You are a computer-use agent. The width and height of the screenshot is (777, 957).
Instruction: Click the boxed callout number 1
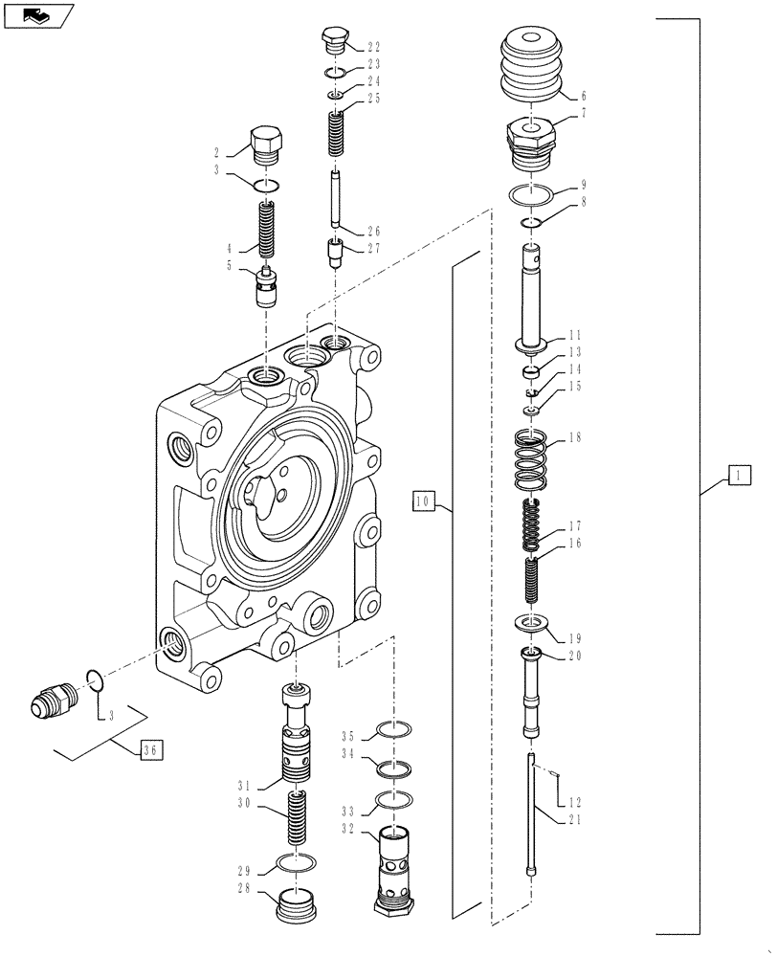coord(739,475)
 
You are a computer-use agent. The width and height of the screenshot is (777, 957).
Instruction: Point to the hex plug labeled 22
coord(332,41)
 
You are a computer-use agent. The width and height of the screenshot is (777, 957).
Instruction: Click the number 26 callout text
coord(372,232)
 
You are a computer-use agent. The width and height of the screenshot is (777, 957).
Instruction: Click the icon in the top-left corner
coord(39,15)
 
